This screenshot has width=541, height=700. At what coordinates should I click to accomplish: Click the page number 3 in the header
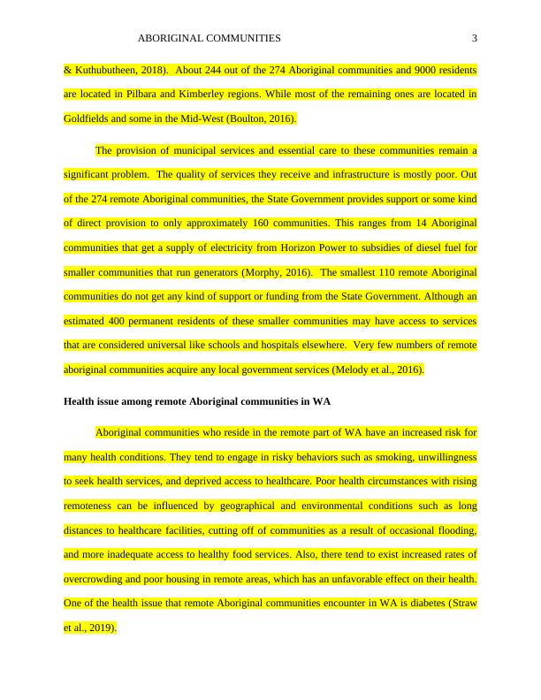pyautogui.click(x=475, y=38)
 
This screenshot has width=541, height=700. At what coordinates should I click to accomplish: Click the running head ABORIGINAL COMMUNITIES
pyautogui.click(x=210, y=38)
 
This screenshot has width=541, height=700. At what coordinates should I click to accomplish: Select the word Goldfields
pyautogui.click(x=88, y=118)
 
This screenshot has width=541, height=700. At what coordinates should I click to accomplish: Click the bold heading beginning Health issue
pyautogui.click(x=197, y=401)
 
